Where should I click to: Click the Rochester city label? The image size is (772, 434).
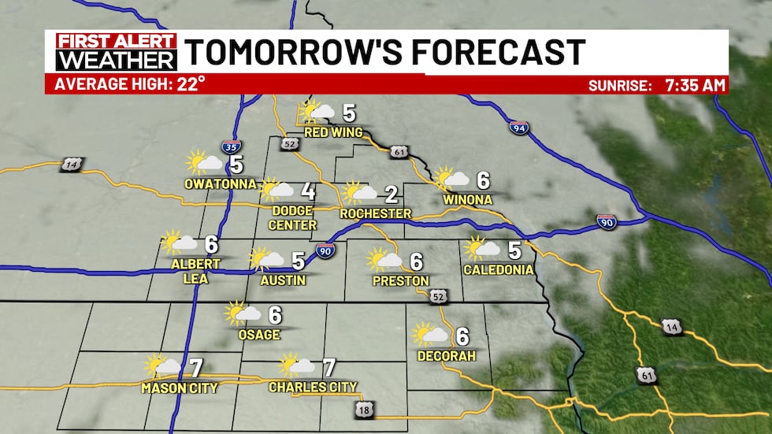375,213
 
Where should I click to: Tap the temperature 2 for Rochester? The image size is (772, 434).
391,195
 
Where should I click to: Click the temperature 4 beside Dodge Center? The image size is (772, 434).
308,191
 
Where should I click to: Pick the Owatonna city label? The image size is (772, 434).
220,185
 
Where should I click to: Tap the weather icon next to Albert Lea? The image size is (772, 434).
178,243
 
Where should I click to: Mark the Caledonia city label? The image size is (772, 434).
498,270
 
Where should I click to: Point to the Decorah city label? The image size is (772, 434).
447,357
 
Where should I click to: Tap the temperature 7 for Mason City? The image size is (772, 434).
196,367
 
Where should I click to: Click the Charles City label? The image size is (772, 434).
313,387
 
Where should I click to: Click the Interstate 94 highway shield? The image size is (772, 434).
518,128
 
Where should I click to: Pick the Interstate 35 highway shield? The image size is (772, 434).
231,147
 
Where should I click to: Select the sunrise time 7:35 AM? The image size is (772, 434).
692,84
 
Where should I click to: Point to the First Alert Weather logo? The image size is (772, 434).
111,52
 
